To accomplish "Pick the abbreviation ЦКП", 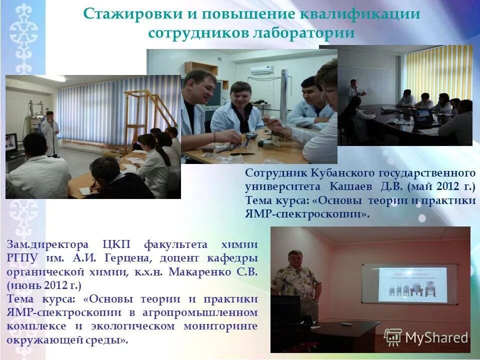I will point(117,244).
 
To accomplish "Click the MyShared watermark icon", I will point(392,337).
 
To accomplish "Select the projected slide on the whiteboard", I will point(412,284).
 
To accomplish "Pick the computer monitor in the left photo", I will point(11,145).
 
